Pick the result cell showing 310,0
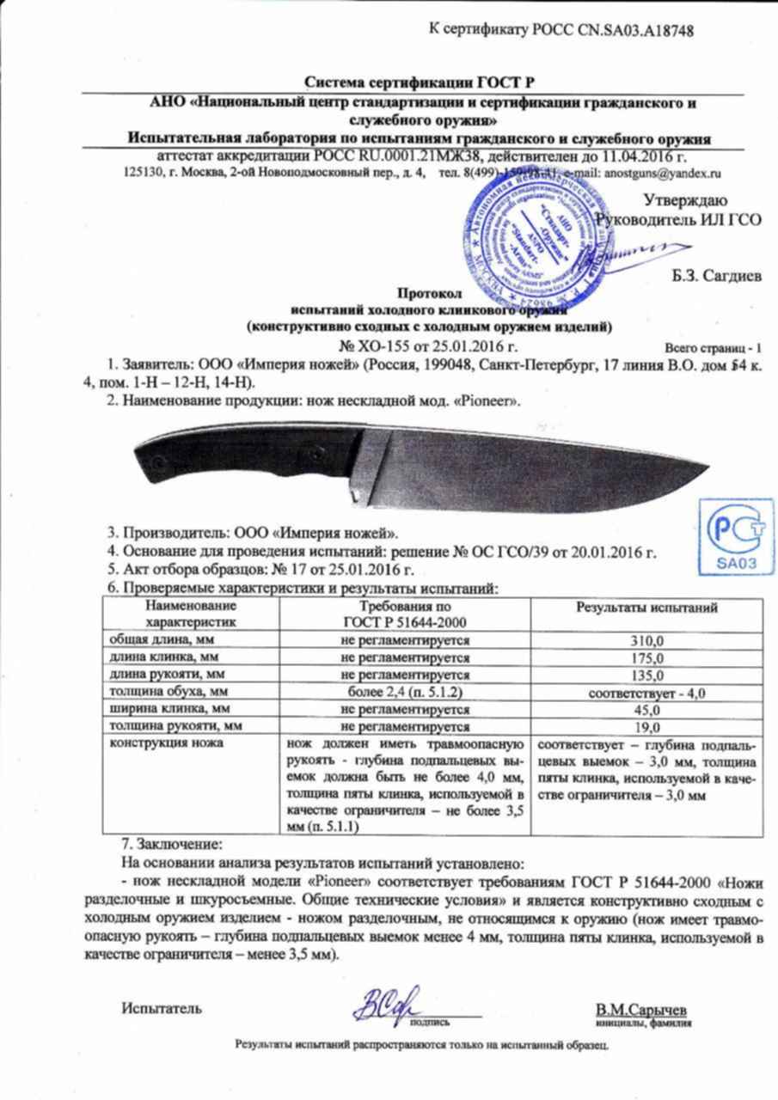[646, 641]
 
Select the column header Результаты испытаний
[646, 608]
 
